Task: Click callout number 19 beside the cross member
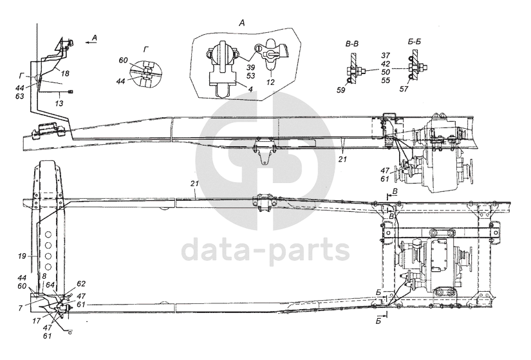tap(23, 256)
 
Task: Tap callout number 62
tap(80, 282)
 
